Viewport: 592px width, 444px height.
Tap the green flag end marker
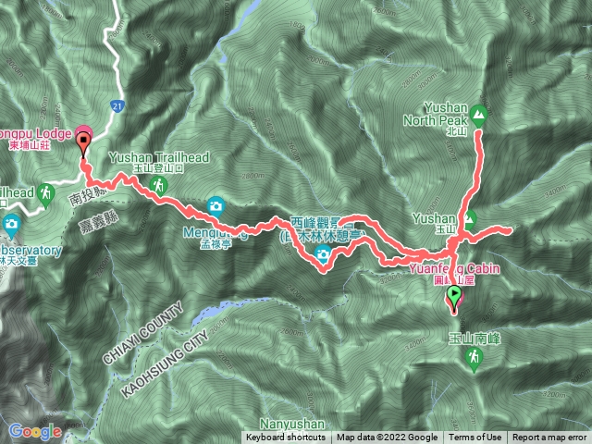(x=454, y=296)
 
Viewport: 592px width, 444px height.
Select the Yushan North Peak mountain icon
(x=478, y=116)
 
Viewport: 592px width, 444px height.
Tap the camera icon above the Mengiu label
(x=216, y=204)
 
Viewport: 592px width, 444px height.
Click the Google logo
(x=35, y=431)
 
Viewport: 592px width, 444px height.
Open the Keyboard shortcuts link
(x=285, y=438)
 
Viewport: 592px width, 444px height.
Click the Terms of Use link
(x=477, y=438)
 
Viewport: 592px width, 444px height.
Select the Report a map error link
(x=550, y=438)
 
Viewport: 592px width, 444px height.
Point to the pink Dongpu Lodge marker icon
(x=81, y=132)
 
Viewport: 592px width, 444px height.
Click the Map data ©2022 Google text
(x=388, y=438)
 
